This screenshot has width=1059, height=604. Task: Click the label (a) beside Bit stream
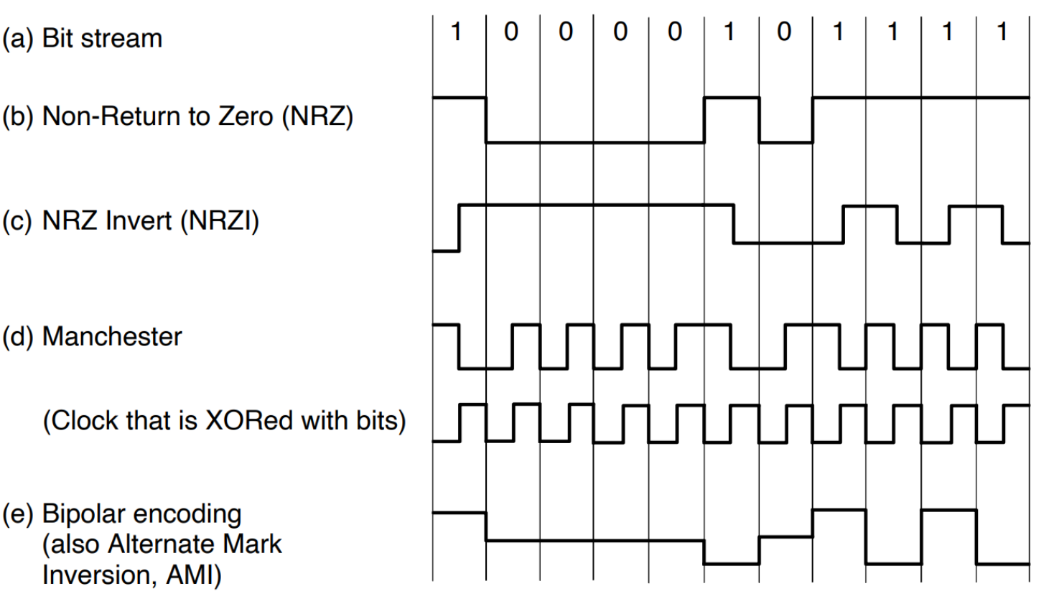tap(17, 38)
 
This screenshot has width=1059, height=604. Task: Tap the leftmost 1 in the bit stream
tap(456, 32)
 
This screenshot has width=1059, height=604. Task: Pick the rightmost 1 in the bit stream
tap(1002, 32)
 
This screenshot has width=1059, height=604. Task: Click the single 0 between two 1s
tap(784, 32)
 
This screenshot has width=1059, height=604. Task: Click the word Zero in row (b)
tap(244, 116)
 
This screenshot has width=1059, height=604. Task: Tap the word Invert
tap(140, 220)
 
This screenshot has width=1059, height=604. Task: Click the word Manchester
tap(112, 336)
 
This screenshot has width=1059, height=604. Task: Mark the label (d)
tap(17, 336)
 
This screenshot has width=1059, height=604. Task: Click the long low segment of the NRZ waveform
tap(594, 142)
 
